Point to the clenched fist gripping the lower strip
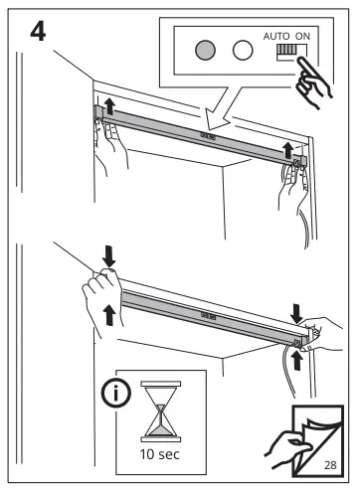tap(100, 289)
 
